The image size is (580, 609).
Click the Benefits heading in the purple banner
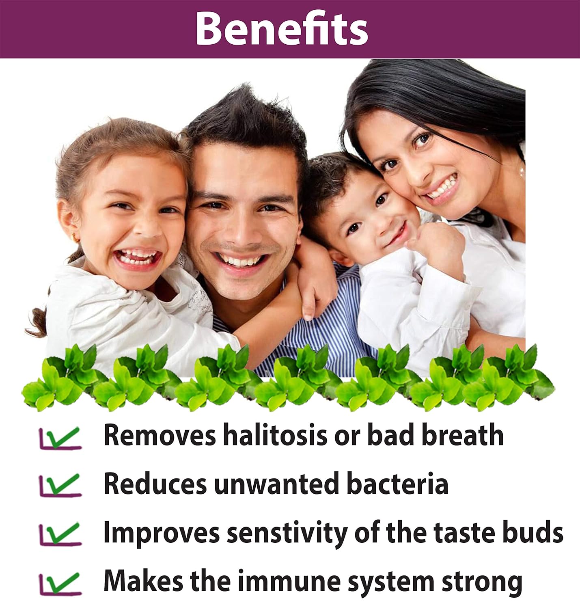pos(282,29)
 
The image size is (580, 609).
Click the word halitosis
pos(275,435)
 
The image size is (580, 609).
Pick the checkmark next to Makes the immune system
pos(61,583)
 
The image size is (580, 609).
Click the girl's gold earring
pos(75,238)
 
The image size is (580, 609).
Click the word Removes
pos(160,435)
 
